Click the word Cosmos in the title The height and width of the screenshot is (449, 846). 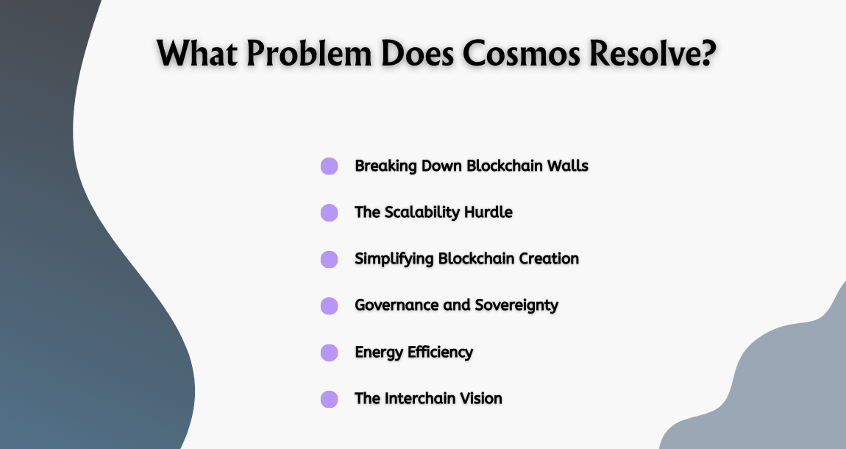(x=514, y=54)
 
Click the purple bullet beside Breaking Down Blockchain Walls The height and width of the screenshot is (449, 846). (x=329, y=166)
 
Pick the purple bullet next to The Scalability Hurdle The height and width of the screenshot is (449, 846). (x=329, y=213)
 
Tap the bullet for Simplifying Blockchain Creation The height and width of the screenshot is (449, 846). (x=329, y=259)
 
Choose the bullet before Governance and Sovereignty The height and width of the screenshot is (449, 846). (x=329, y=305)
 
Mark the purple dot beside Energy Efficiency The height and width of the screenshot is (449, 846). (x=329, y=353)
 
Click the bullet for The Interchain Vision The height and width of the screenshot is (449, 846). (x=329, y=399)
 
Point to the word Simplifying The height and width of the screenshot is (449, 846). (x=394, y=259)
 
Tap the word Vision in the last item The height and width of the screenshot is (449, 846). (x=481, y=398)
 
